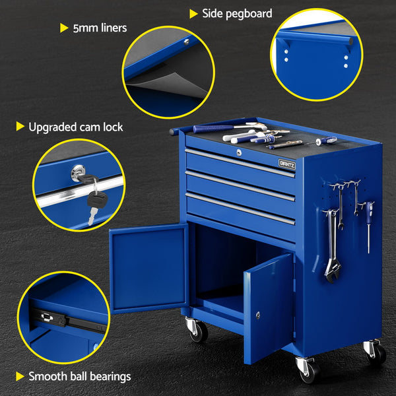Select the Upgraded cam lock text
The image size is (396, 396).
click(x=75, y=127)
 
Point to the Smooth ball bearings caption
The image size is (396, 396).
click(x=79, y=377)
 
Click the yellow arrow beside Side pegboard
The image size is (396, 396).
click(x=193, y=14)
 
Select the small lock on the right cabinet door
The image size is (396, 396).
click(x=258, y=314)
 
